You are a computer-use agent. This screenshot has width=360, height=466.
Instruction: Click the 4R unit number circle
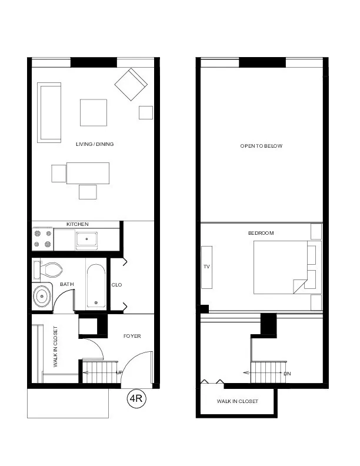pos(137,400)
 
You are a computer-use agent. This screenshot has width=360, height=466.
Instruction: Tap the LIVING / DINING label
pos(95,144)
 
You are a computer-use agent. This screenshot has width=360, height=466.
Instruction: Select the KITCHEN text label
pos(77,224)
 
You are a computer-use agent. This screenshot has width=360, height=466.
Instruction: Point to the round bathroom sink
pos(42,296)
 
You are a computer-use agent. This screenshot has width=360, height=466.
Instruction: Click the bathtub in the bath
pos(96,286)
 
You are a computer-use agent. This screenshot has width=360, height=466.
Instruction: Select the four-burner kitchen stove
pos(42,239)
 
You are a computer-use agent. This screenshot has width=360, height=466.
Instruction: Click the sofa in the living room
pos(49,112)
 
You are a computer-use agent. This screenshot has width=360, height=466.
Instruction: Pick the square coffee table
pos(94,112)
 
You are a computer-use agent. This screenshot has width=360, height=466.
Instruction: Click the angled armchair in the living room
pos(131,85)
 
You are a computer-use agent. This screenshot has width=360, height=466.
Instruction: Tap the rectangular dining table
pos(88,174)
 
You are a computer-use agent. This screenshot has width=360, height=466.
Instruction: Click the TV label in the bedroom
pos(206,267)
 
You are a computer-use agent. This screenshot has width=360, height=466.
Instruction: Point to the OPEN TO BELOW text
pos(261,146)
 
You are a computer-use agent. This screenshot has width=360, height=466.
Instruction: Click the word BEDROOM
pos(261,233)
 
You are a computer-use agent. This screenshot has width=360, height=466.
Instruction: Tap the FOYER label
pos(132,336)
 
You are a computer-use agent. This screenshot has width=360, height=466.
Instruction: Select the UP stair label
pos(120,373)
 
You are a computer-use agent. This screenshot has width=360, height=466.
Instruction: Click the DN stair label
pos(287,374)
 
